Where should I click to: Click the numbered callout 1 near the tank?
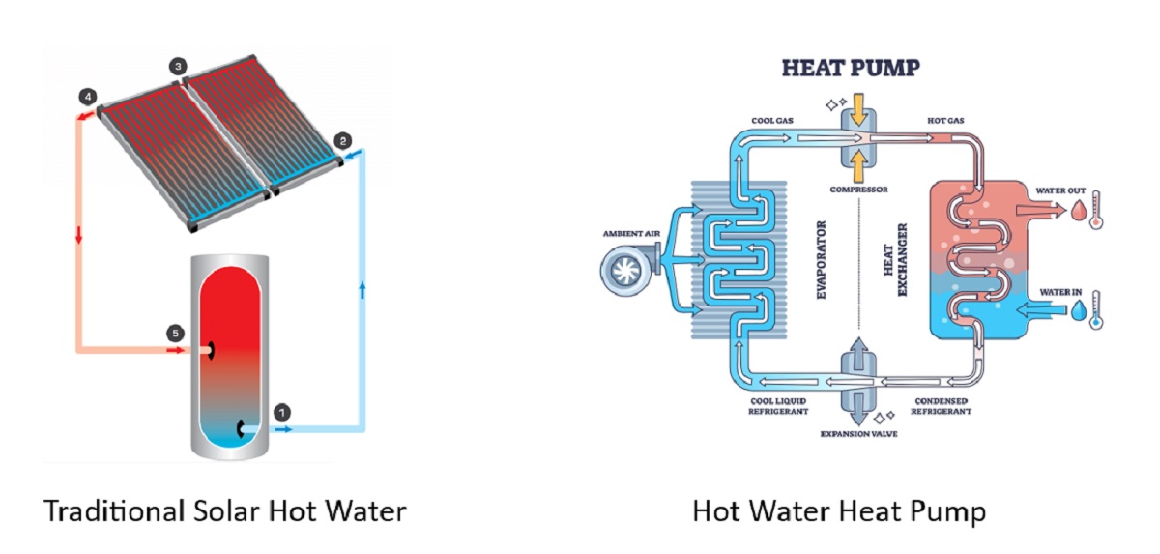tap(282, 412)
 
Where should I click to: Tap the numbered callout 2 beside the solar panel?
tap(342, 140)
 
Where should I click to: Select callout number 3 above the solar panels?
tap(177, 67)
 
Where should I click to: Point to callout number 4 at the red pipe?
tap(89, 97)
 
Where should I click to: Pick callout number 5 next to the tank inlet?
tap(175, 334)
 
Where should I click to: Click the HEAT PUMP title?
tap(850, 68)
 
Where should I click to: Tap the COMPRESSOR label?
tap(858, 190)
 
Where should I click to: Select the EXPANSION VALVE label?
tap(858, 434)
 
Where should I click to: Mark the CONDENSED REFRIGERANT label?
tap(941, 406)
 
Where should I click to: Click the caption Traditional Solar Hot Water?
tap(224, 510)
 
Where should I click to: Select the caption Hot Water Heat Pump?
tap(839, 510)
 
